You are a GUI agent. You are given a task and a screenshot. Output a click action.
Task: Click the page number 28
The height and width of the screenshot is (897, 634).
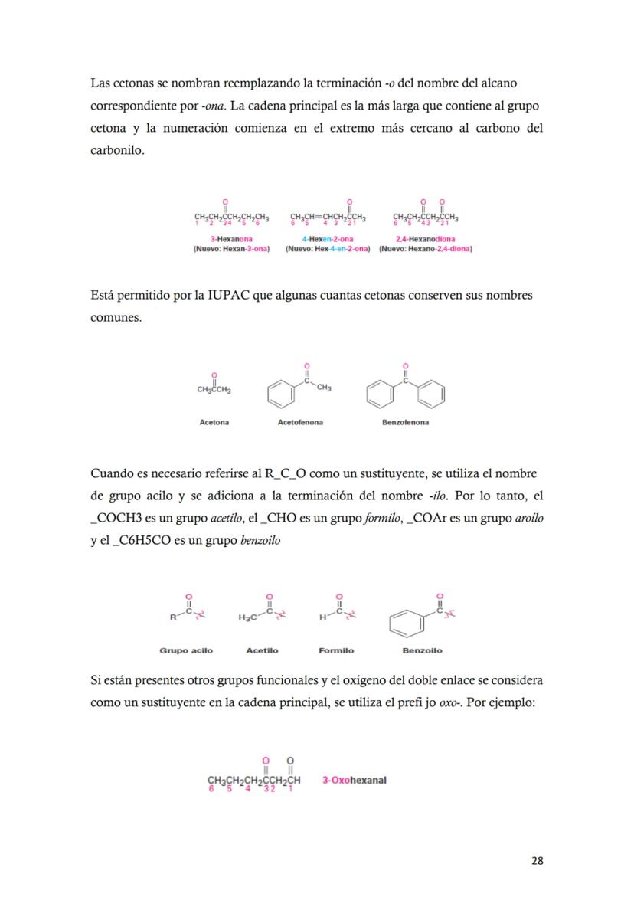pyautogui.click(x=538, y=860)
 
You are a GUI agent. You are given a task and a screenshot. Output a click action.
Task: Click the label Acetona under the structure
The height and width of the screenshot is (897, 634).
pyautogui.click(x=214, y=422)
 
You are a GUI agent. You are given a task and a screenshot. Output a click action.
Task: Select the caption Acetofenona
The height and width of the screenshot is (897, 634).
pyautogui.click(x=300, y=422)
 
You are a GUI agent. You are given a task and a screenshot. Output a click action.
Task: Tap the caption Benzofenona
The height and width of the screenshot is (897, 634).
pyautogui.click(x=405, y=422)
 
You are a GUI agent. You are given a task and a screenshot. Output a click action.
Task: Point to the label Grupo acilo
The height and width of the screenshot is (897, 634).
pyautogui.click(x=186, y=650)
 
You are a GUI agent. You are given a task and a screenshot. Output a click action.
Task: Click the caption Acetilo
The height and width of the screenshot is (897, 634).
pyautogui.click(x=262, y=650)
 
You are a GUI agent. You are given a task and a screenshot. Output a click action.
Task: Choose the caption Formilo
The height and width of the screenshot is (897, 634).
pyautogui.click(x=336, y=650)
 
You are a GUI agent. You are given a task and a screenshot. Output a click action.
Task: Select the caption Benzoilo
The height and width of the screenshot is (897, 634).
pyautogui.click(x=422, y=650)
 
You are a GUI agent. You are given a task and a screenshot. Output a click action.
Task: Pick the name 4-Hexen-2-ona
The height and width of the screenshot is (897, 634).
pyautogui.click(x=328, y=239)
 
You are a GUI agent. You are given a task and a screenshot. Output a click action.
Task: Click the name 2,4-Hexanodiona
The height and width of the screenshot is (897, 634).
pyautogui.click(x=425, y=239)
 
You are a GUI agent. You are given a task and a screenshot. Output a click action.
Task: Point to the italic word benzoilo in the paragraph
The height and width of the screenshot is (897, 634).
pyautogui.click(x=260, y=540)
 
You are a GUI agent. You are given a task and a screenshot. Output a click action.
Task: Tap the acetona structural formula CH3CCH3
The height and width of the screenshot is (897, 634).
pyautogui.click(x=214, y=390)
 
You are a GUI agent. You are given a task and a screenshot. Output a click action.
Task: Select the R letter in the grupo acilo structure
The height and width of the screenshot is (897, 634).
pyautogui.click(x=173, y=617)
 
